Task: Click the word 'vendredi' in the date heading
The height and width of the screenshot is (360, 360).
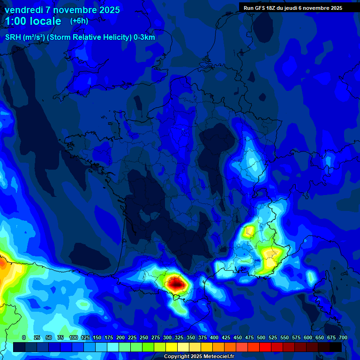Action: tap(23, 10)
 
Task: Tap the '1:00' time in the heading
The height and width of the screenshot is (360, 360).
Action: tap(15, 21)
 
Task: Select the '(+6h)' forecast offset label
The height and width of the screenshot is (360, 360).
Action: tap(79, 21)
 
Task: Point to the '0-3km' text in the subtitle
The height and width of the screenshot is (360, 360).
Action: tap(144, 37)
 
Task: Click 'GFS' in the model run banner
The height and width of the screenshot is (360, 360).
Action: tap(259, 8)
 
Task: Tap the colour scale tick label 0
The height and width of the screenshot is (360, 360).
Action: tap(23, 337)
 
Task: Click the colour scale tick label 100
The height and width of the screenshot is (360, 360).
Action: tap(74, 337)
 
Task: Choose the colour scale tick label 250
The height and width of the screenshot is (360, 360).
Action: tap(144, 337)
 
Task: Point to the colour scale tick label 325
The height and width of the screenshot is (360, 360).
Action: tap(179, 337)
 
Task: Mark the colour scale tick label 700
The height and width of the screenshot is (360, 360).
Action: tap(343, 337)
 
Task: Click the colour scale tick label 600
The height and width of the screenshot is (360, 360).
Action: tap(308, 337)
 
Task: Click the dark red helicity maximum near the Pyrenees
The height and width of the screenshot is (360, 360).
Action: tap(176, 283)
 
